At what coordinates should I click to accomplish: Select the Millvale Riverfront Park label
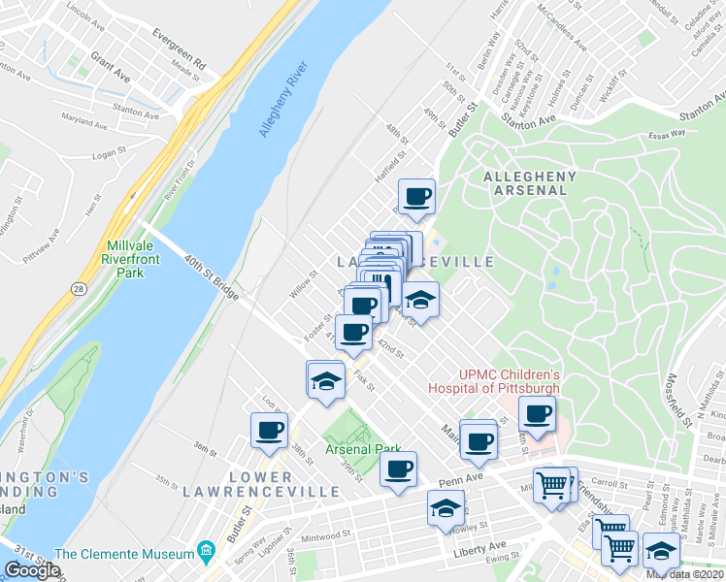pos(122,260)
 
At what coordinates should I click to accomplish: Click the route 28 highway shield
pos(76,288)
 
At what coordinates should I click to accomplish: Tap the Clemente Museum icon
pos(205,554)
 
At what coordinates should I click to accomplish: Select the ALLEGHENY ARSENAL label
pos(530,183)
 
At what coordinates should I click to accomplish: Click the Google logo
pos(32,570)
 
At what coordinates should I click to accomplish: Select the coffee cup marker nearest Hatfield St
pos(417,197)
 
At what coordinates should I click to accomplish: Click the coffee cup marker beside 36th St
pos(270,430)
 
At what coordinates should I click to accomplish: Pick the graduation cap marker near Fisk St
pos(326,379)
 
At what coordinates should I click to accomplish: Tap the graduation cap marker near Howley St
pos(445,508)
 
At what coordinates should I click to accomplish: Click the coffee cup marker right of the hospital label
pos(537,414)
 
